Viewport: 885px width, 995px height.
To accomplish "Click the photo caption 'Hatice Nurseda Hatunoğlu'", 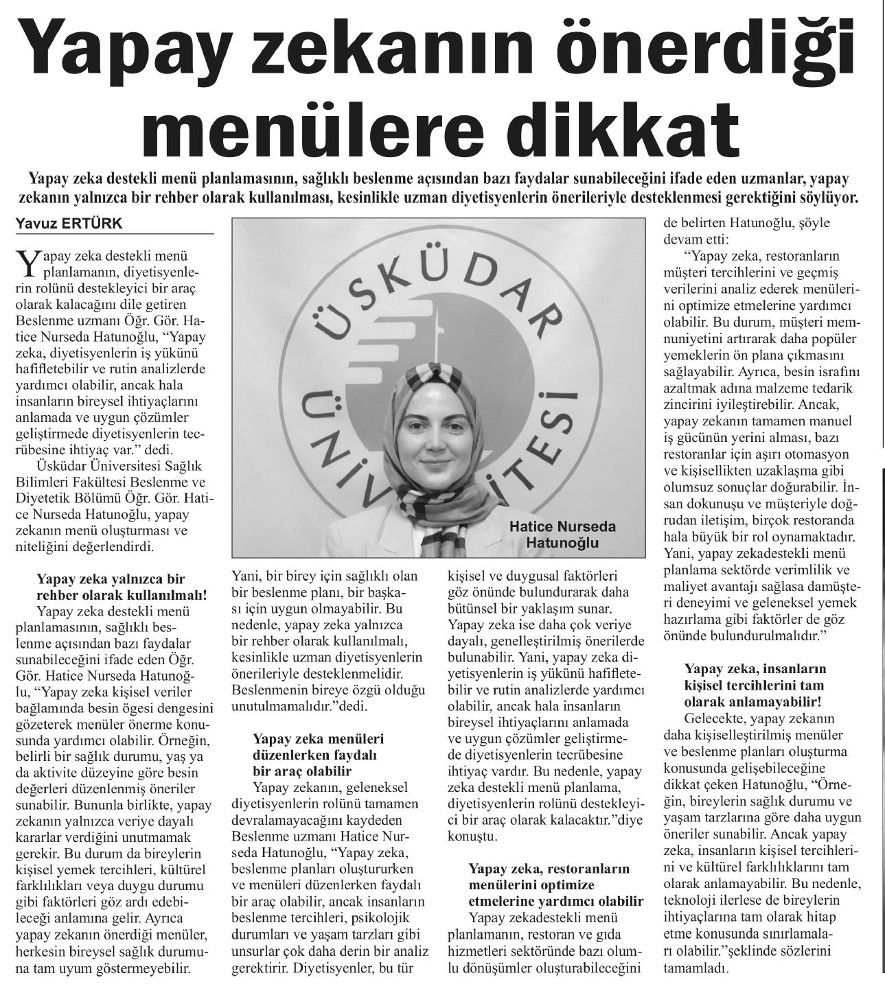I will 562,535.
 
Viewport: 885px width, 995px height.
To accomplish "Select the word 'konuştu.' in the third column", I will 472,837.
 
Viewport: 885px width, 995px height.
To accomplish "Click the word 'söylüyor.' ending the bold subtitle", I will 828,200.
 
